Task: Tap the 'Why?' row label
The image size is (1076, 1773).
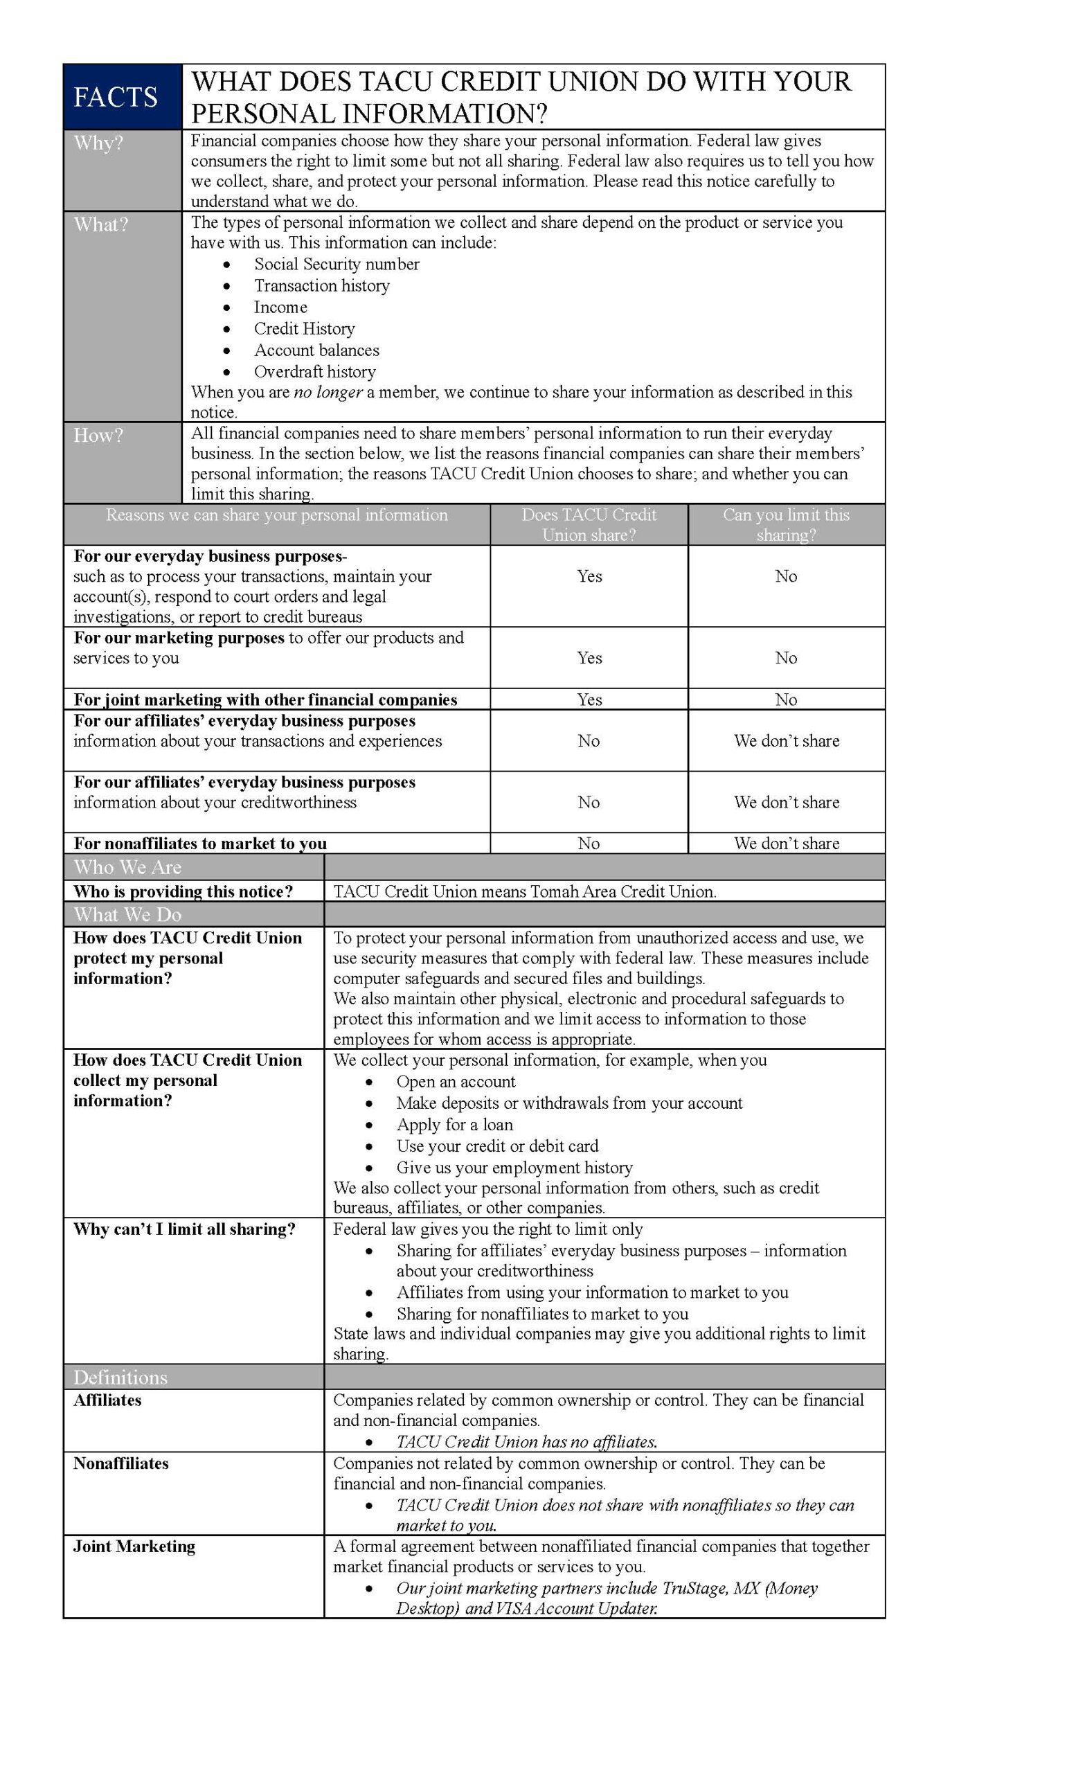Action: click(98, 143)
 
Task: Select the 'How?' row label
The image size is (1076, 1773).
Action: click(98, 436)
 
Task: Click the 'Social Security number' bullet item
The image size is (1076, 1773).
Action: click(336, 264)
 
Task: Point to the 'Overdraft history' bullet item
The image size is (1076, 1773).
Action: click(314, 372)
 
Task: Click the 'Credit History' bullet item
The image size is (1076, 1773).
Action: click(304, 329)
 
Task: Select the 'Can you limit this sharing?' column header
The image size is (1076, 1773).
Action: click(785, 524)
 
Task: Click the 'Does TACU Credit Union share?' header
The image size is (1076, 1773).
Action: click(589, 524)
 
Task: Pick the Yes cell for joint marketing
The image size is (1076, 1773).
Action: click(589, 700)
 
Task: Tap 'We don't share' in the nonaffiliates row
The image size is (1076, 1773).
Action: click(785, 844)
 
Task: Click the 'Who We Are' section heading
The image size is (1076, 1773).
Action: click(127, 867)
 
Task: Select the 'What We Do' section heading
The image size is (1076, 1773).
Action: click(127, 915)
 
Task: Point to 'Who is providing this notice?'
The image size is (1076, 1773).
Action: click(183, 891)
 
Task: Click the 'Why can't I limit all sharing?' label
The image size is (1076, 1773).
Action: click(184, 1229)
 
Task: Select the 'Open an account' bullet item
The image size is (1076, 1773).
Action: click(456, 1082)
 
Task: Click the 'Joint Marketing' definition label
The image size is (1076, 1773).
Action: click(134, 1547)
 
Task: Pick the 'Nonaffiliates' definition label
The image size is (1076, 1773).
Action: click(121, 1463)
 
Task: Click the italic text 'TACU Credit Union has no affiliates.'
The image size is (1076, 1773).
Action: click(526, 1441)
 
